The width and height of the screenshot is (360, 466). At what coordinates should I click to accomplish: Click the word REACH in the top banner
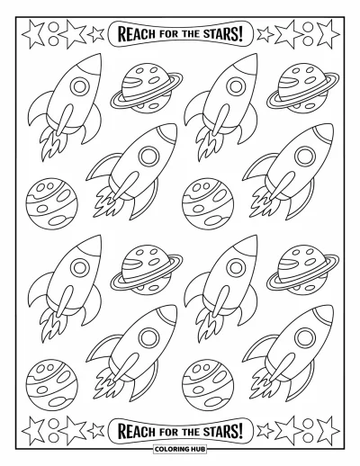(137, 33)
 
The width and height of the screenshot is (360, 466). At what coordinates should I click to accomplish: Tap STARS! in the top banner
(222, 33)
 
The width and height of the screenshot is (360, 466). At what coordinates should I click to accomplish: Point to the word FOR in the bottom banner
(169, 431)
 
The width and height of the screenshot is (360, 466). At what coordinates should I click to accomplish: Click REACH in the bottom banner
(137, 431)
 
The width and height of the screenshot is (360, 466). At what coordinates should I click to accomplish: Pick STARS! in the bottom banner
(222, 431)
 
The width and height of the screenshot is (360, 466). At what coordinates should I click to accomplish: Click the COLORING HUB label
(180, 457)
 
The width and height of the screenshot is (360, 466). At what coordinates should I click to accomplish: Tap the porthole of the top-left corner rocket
(80, 86)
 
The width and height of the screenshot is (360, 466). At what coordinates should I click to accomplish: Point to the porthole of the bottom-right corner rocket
(305, 337)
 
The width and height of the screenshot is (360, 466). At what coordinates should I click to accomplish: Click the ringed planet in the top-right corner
(302, 88)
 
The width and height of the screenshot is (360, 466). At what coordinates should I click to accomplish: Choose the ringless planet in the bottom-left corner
(51, 385)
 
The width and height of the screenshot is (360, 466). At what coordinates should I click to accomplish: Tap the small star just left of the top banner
(96, 34)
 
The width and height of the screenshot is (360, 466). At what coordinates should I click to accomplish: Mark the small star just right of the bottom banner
(265, 431)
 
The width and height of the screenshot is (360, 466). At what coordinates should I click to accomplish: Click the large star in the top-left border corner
(33, 33)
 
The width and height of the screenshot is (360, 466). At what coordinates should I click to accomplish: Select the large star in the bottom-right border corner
(328, 431)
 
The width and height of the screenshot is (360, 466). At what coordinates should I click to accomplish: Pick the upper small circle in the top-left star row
(53, 27)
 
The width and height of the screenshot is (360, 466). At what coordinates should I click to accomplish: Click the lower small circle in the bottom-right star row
(308, 437)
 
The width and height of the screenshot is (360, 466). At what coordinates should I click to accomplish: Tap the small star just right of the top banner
(265, 34)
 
